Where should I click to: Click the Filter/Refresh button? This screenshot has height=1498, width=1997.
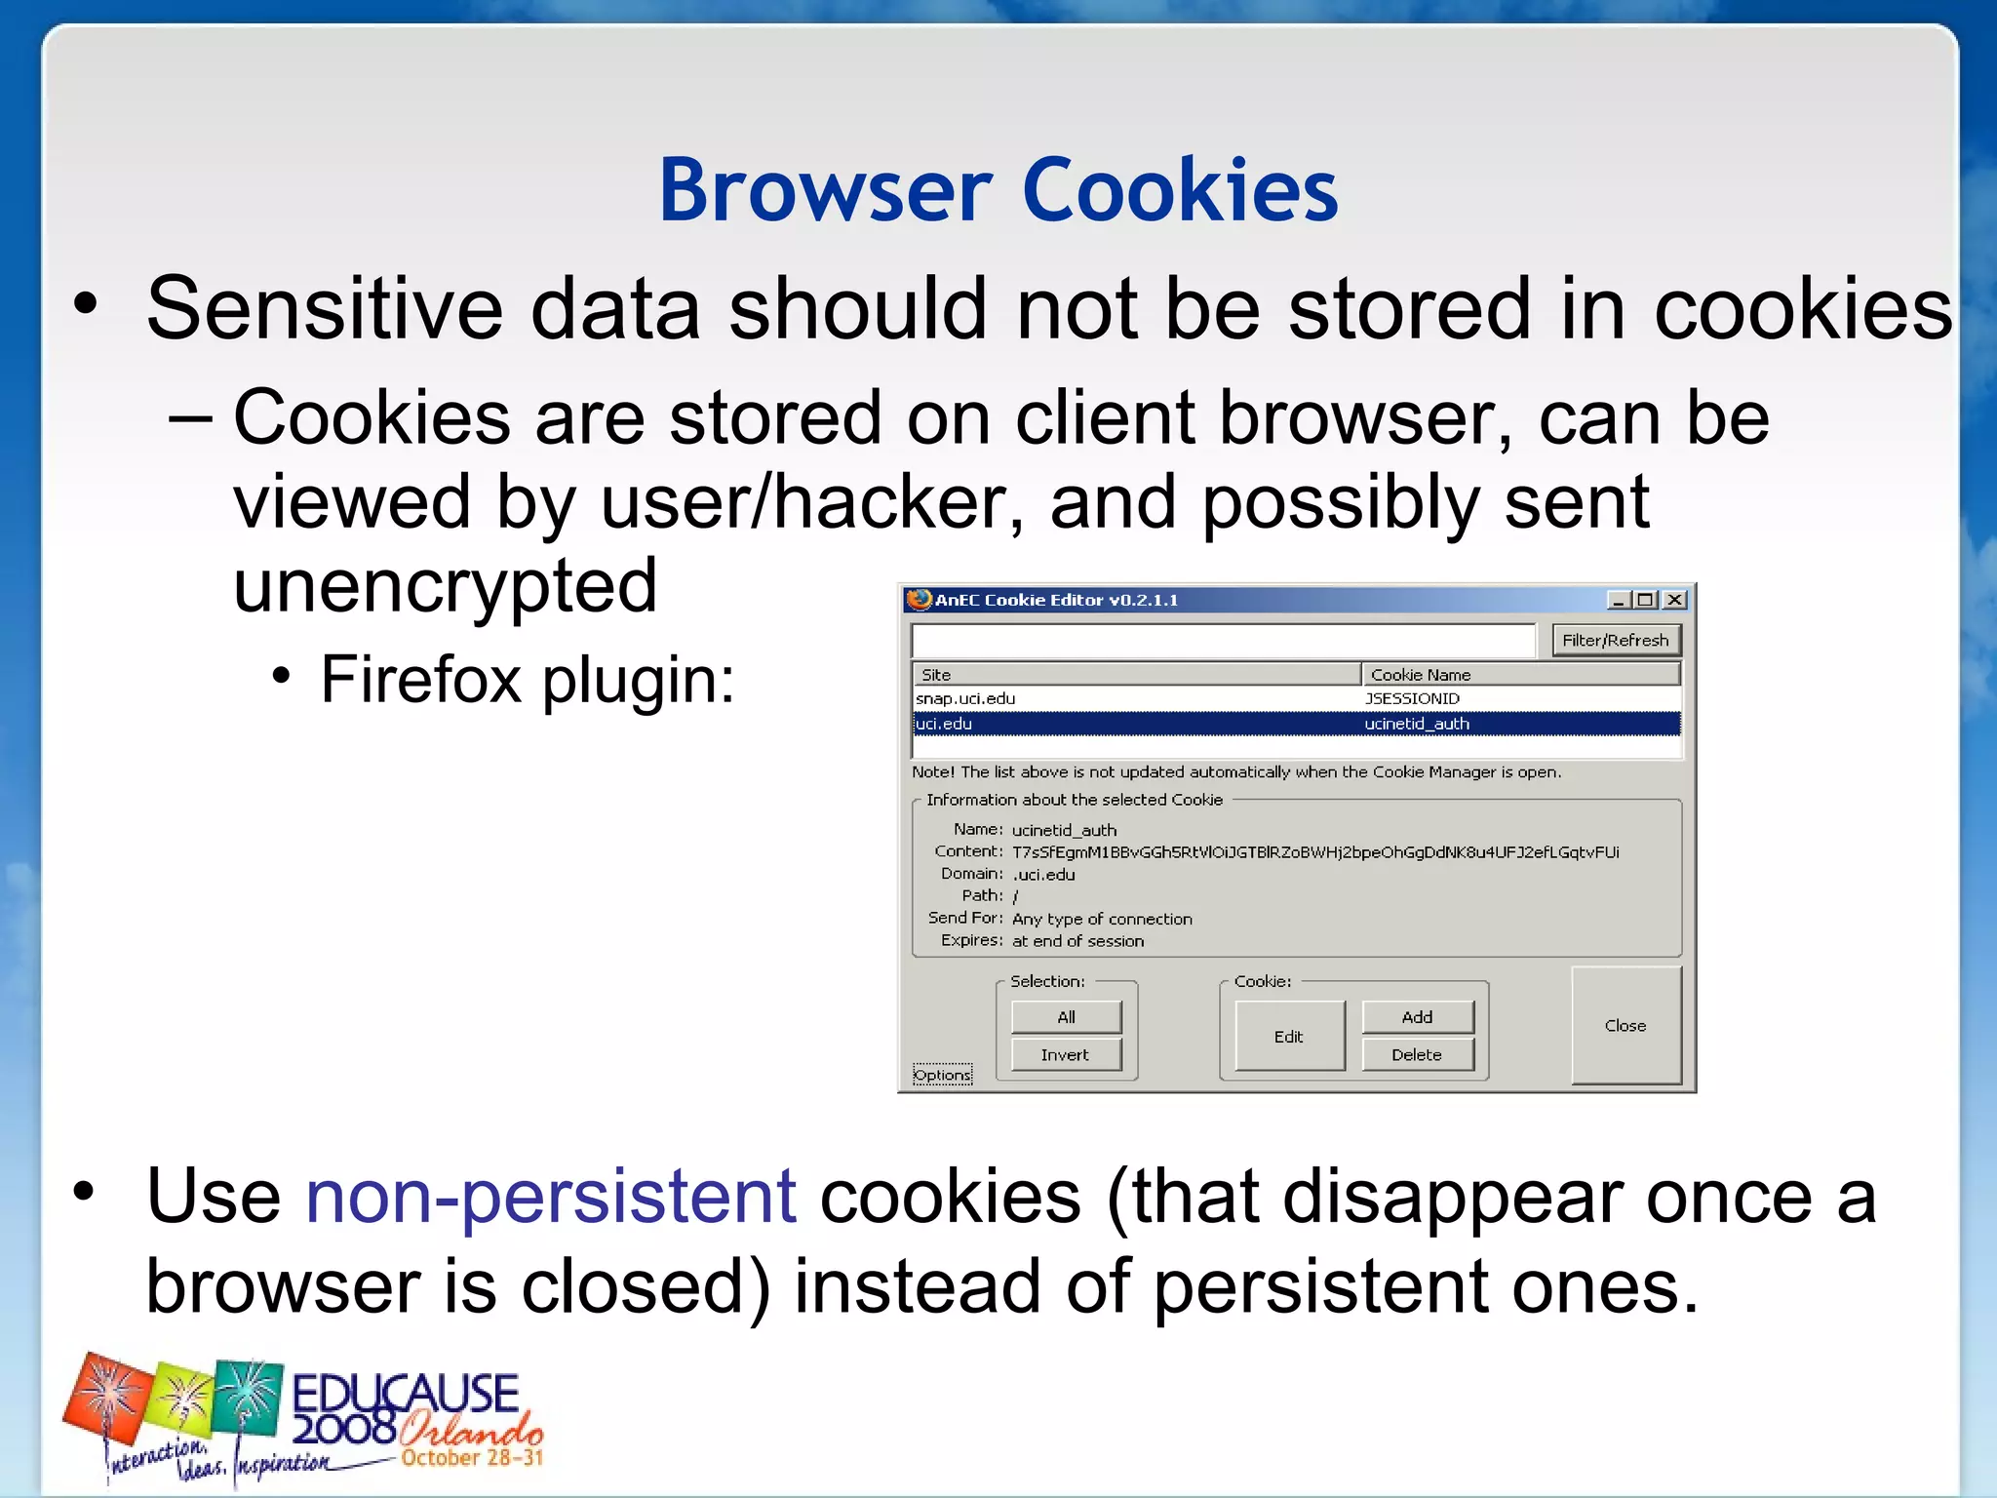pos(1616,641)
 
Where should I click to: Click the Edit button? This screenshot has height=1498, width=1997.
pos(1289,1037)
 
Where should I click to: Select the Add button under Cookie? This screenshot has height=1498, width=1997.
pos(1417,1017)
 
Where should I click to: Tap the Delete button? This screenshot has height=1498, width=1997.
pos(1417,1055)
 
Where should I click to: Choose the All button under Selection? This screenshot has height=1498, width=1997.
pos(1066,1017)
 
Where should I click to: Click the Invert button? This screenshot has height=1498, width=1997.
pos(1066,1055)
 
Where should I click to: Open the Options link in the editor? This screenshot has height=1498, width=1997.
pos(942,1075)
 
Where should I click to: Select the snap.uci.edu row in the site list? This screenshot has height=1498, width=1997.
pos(965,699)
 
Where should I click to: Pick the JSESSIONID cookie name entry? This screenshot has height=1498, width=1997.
pos(1412,699)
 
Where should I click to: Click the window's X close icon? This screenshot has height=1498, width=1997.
pos(1674,600)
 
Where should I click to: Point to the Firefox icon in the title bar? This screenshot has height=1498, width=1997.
pos(918,599)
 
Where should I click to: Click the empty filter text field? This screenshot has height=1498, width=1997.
pos(1223,641)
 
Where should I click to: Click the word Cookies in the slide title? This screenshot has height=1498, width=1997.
pos(1180,190)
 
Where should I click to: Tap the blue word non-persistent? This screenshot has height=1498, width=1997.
pos(551,1198)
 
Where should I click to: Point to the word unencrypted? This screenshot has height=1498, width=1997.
pos(446,587)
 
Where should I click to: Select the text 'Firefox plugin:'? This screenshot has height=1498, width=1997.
pos(527,680)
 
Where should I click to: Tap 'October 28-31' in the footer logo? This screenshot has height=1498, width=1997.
pos(472,1458)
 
